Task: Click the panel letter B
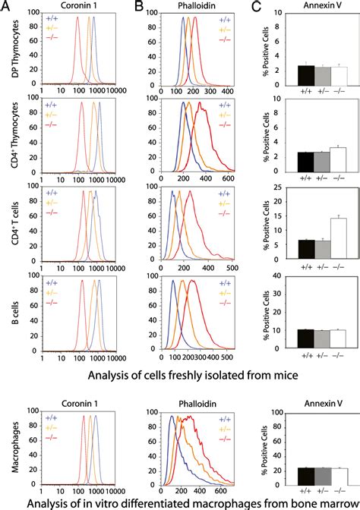coord(138,7)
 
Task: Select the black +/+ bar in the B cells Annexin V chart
coord(284,333)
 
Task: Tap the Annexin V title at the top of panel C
coord(311,7)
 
